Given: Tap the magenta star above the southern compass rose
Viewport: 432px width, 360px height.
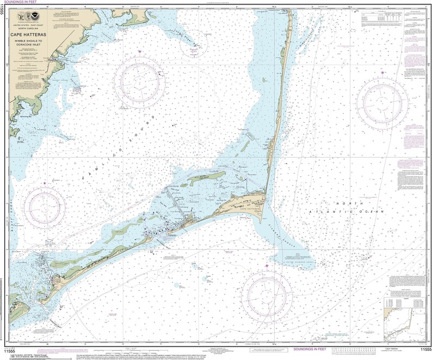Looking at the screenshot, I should (x=267, y=265).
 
